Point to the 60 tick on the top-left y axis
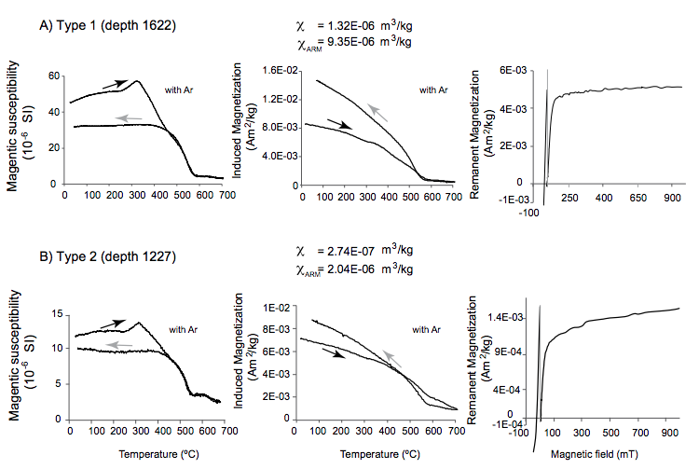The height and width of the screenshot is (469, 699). [54, 76]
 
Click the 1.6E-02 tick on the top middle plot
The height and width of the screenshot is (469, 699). [280, 71]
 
